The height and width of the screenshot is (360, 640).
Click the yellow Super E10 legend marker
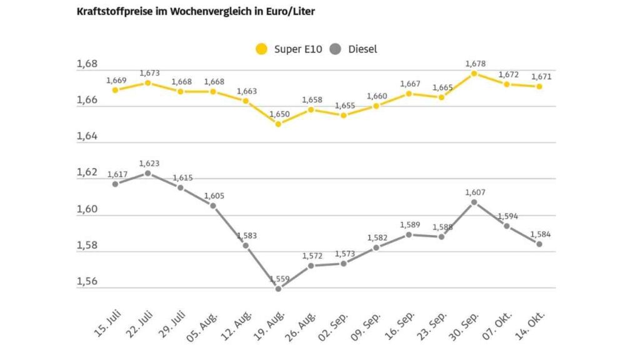(261, 49)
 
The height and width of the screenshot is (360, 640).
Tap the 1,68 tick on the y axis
(87, 64)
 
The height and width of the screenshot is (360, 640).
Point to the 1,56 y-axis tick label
(87, 282)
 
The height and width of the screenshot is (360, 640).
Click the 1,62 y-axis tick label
(87, 172)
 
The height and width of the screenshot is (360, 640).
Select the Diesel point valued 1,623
(147, 173)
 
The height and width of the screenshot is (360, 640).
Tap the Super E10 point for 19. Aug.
(278, 124)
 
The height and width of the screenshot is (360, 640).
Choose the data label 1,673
(149, 73)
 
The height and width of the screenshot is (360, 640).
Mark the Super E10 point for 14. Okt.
(539, 86)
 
